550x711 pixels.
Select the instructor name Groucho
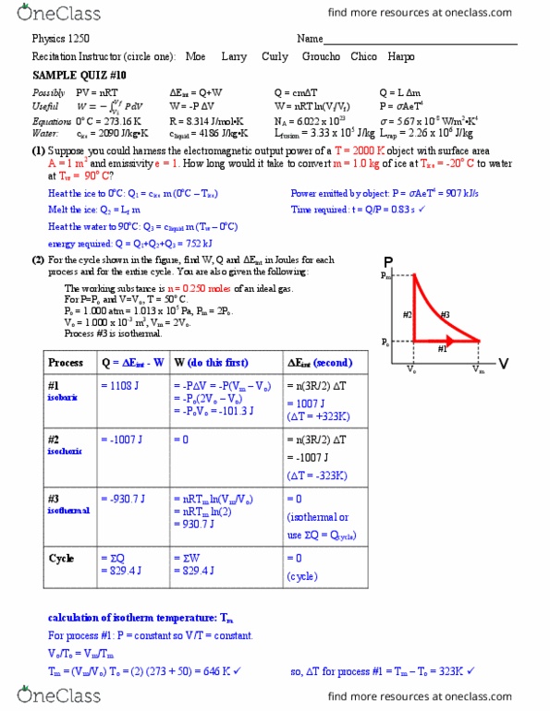[321, 56]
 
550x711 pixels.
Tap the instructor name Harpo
[399, 56]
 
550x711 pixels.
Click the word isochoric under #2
[65, 451]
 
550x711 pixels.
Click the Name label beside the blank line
[310, 39]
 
